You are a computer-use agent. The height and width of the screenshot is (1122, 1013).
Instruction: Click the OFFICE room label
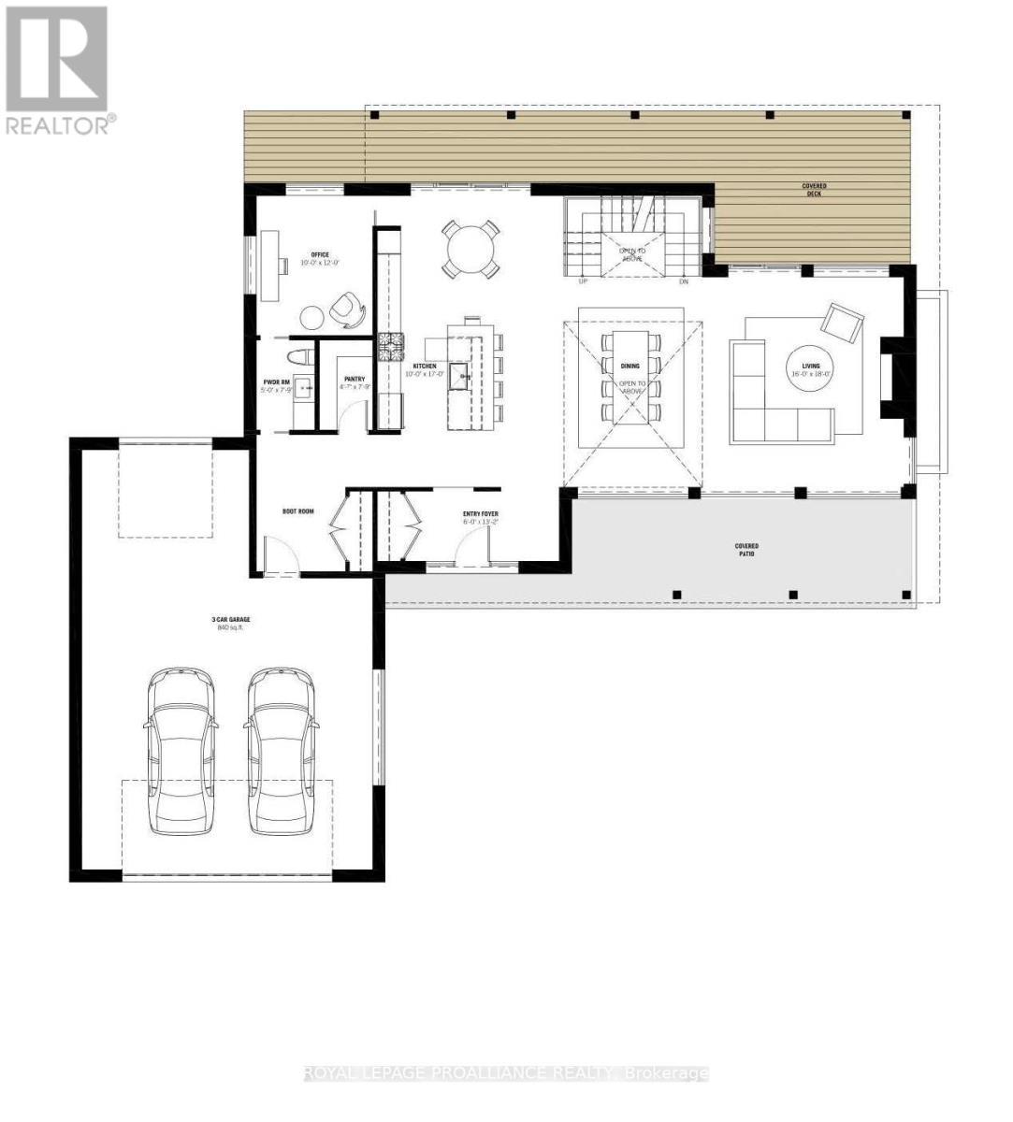click(321, 254)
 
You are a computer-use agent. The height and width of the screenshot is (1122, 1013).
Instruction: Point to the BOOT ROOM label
click(298, 511)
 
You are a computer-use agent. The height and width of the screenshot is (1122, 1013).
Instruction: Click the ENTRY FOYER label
click(481, 513)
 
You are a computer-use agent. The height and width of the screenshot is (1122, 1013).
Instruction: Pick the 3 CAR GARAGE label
click(229, 620)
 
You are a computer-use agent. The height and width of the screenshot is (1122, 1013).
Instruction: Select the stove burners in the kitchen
click(389, 347)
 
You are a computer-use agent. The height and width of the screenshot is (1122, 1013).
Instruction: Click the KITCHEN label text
click(425, 367)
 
